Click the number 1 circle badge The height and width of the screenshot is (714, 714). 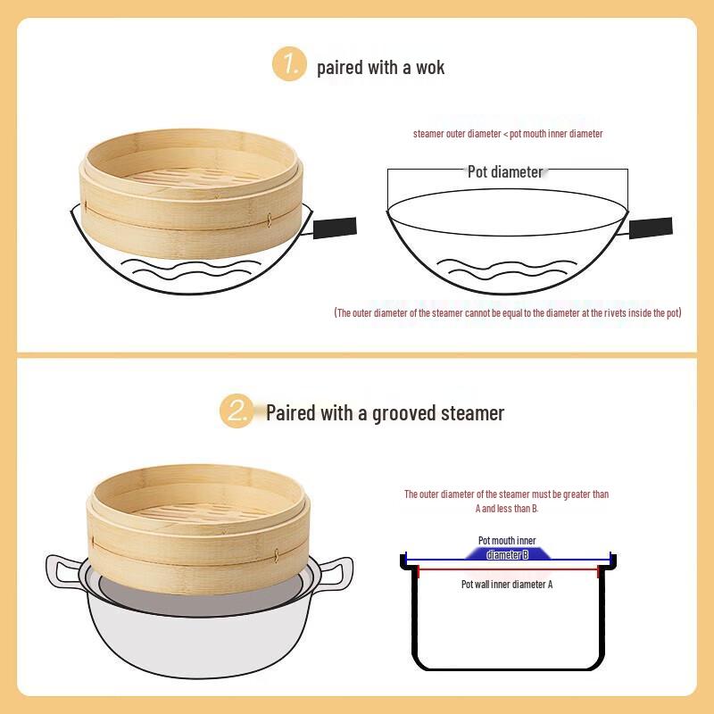[x=289, y=64]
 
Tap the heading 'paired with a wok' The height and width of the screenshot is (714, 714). [x=380, y=67]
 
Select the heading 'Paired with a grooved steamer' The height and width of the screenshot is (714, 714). [x=385, y=413]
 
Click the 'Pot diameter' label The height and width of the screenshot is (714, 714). [x=505, y=171]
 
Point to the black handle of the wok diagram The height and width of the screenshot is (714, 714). [x=651, y=228]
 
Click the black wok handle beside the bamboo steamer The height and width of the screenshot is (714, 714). [x=334, y=228]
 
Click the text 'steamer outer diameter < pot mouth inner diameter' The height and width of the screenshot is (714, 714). [x=508, y=134]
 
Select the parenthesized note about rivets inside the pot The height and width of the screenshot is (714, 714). [x=507, y=313]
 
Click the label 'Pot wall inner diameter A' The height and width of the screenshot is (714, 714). [x=507, y=585]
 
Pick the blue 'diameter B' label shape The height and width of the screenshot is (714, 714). [x=507, y=554]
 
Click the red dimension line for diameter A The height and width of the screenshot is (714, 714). [x=507, y=569]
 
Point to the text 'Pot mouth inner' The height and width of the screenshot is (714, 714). [x=507, y=541]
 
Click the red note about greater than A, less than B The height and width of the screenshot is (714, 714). [x=506, y=501]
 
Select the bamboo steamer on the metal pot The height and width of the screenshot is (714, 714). [x=201, y=527]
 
